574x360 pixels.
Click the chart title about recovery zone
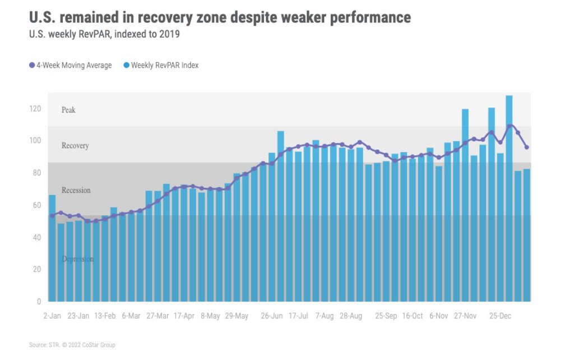tap(220, 17)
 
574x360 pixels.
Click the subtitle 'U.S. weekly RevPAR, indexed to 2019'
tap(104, 35)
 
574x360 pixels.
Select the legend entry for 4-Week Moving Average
tap(71, 66)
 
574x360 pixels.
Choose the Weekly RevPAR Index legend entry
tap(161, 66)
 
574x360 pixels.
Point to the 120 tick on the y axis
tap(36, 108)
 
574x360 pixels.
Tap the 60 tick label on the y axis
tap(36, 205)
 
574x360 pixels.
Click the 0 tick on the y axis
tap(39, 302)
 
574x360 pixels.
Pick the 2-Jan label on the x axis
tap(52, 316)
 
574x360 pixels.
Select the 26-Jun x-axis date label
tap(272, 316)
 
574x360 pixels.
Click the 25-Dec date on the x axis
tap(500, 316)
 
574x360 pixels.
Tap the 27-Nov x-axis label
tap(465, 316)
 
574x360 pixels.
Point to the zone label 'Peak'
tap(68, 110)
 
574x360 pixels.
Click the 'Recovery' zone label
tap(75, 146)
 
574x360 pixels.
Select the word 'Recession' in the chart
tap(76, 191)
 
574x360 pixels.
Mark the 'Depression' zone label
tap(78, 259)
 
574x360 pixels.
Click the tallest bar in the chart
tap(509, 196)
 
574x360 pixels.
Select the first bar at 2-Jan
tap(52, 247)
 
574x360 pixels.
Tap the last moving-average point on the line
tap(526, 147)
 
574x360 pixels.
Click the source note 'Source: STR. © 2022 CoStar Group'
tap(72, 345)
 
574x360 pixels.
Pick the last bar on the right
tap(526, 236)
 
